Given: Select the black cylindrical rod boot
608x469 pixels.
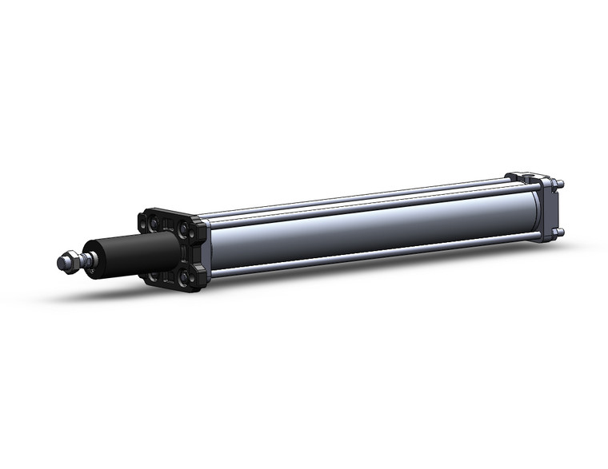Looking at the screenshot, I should click(136, 251).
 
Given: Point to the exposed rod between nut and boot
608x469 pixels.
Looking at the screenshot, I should click(87, 258).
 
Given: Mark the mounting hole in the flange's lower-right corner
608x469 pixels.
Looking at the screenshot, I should click(192, 279).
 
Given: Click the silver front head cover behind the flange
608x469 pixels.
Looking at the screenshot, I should click(204, 248).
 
